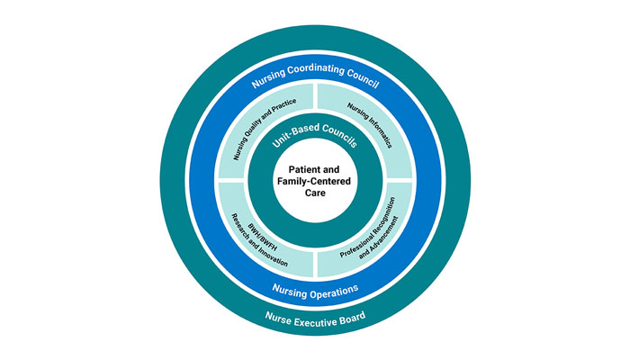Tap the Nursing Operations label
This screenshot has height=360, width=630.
coord(314,290)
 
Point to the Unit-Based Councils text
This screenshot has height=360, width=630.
coord(314,137)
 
